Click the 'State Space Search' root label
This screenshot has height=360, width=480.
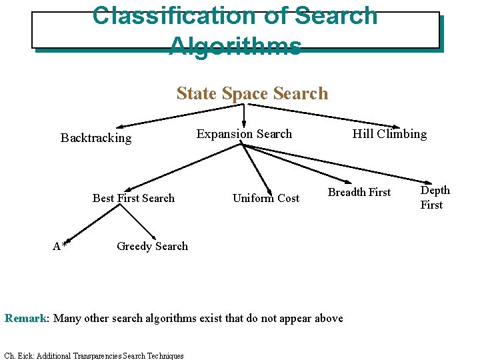(x=252, y=93)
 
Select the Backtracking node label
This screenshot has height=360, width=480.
(x=96, y=138)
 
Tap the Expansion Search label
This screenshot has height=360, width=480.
(x=244, y=134)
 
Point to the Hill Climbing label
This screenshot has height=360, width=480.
(x=389, y=134)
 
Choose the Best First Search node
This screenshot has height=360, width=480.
(x=133, y=198)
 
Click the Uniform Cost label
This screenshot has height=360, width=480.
(x=266, y=198)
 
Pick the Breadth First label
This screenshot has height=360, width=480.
(x=359, y=193)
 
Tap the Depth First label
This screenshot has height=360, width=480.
(x=435, y=197)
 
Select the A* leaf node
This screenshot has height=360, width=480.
(x=59, y=247)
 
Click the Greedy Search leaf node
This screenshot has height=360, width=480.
(x=152, y=246)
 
